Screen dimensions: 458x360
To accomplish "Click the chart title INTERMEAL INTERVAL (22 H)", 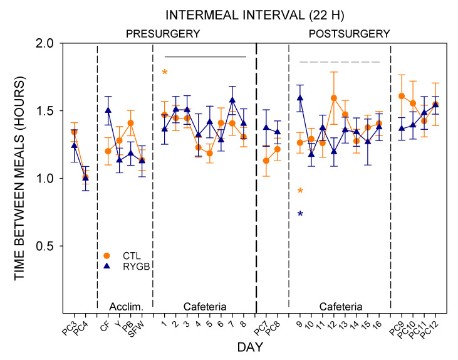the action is [255, 15].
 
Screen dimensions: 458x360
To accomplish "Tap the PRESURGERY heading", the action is [163, 34].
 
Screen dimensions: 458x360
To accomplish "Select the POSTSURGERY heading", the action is [349, 34].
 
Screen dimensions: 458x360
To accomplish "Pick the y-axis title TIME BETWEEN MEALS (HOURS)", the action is [19, 178].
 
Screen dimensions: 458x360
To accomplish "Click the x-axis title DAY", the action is [250, 347].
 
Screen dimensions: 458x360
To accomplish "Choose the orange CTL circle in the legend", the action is [107, 256].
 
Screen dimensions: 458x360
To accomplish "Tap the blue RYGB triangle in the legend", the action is [107, 266].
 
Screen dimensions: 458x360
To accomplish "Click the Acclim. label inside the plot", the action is [126, 307].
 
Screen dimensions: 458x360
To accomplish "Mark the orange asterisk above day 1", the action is [165, 72].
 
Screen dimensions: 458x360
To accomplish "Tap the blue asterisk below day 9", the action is [300, 214].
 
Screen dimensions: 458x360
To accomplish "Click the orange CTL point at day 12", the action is [334, 98].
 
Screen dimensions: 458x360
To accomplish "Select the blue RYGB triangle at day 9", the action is [300, 98].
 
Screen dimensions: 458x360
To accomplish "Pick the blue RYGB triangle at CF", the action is [108, 110].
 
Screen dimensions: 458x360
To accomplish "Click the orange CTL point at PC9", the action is [402, 96].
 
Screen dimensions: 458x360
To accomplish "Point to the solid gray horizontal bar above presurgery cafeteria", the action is [206, 56].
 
